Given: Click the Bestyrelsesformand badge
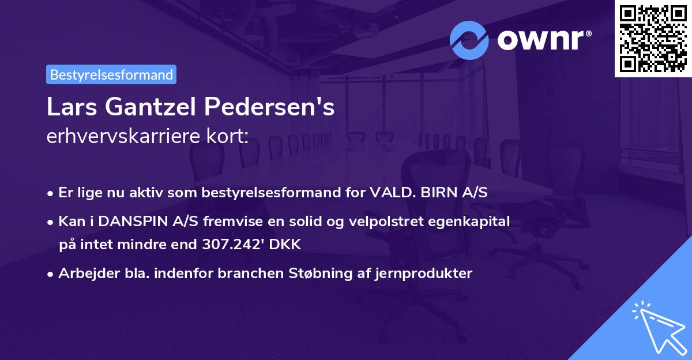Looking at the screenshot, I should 111,74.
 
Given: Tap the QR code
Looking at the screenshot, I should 653,38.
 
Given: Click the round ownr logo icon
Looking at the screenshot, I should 469,40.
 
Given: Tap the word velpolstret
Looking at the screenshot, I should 388,222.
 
